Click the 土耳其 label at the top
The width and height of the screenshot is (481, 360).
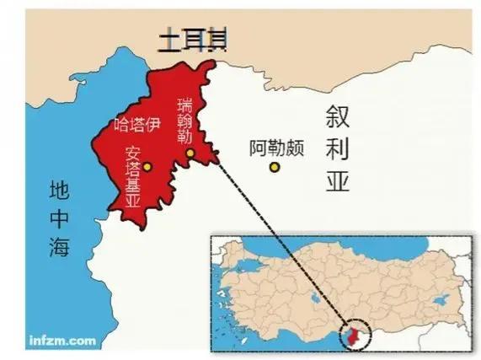click(x=192, y=41)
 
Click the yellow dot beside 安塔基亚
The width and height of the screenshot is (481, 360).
click(x=147, y=166)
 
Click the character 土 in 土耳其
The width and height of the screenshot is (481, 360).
click(x=161, y=41)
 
